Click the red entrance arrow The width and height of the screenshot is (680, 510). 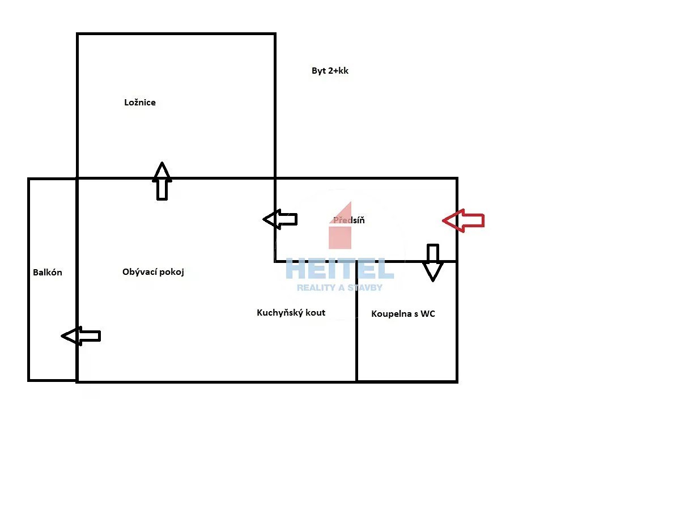(x=463, y=220)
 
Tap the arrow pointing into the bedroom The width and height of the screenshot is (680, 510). (x=161, y=181)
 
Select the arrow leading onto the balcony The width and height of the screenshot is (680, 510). (x=81, y=335)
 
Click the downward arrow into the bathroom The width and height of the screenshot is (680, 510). (x=432, y=262)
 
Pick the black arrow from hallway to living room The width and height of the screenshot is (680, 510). (x=280, y=219)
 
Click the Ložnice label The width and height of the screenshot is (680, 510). (x=140, y=103)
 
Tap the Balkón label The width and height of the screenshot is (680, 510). (x=48, y=272)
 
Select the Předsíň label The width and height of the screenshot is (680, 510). (x=349, y=220)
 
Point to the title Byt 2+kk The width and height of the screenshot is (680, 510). (x=330, y=71)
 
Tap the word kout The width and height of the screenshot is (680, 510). (x=316, y=313)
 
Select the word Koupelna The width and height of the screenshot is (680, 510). (x=391, y=314)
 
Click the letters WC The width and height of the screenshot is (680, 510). (x=428, y=314)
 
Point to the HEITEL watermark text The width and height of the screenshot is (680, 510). (x=339, y=269)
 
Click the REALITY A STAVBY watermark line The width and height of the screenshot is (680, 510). (x=339, y=288)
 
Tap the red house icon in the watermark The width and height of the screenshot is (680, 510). (x=340, y=226)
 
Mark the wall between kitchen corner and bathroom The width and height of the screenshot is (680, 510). (x=356, y=321)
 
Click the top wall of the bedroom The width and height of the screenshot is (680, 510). (x=176, y=34)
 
